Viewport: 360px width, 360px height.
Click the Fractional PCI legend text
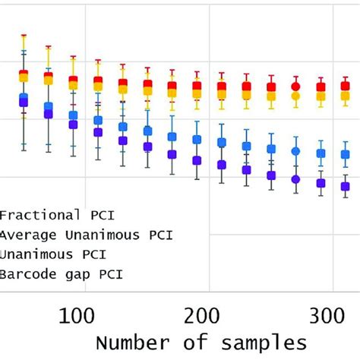pos(47,214)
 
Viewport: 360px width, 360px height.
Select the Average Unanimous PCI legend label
pos(86,235)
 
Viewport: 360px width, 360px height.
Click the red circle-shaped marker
pos(296,87)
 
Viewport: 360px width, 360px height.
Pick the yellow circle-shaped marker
pos(296,96)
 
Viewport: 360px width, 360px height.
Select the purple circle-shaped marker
pos(296,180)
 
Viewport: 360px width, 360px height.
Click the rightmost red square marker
pos(345,87)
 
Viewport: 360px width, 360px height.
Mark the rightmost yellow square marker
pos(345,96)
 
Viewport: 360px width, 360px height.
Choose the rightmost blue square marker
pos(345,154)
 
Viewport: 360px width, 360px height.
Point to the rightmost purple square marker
pos(345,186)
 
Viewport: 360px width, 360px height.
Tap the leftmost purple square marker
pos(24,102)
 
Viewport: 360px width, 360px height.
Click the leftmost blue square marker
pos(24,97)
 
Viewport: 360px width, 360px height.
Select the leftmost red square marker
pos(24,74)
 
